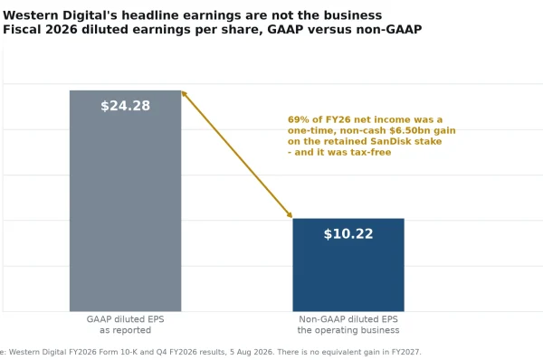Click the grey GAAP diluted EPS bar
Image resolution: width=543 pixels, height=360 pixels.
click(126, 201)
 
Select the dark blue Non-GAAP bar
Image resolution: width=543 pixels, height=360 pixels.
click(348, 265)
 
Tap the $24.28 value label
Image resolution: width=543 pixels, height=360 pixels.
click(126, 106)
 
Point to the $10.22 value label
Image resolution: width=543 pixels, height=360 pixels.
click(348, 233)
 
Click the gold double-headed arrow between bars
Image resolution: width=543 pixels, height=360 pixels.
click(237, 155)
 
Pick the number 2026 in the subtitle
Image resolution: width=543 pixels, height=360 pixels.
click(62, 30)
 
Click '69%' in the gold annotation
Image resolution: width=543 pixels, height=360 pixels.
click(299, 119)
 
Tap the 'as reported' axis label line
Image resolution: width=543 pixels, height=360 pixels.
click(126, 330)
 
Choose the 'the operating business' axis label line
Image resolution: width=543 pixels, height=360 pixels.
click(348, 330)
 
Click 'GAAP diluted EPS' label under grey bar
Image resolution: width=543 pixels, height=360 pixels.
click(126, 319)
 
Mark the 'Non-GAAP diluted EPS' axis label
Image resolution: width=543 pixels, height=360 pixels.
click(348, 319)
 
